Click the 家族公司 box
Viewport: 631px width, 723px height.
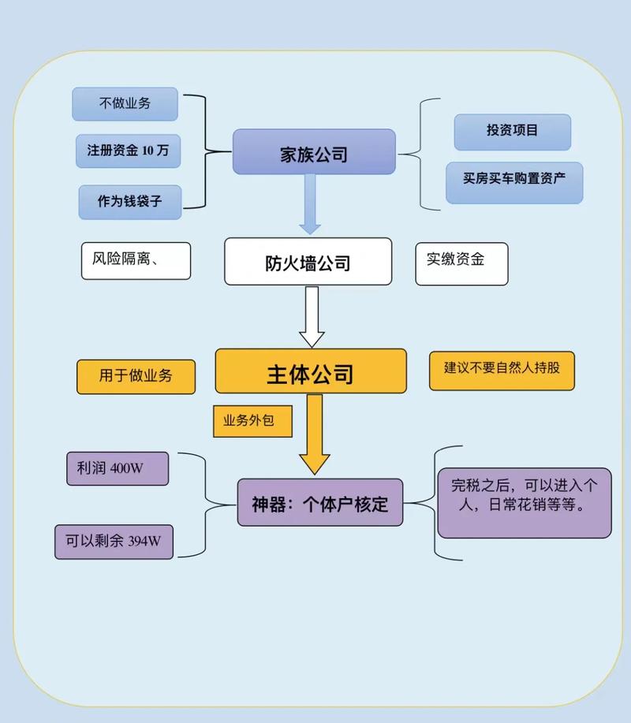(x=313, y=152)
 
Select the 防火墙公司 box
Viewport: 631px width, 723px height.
(x=308, y=262)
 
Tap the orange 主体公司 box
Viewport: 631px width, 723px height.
(x=311, y=371)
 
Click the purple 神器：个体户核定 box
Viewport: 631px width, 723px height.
(x=320, y=503)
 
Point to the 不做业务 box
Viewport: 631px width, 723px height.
(x=125, y=104)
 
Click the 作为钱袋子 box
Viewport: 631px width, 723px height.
(x=130, y=202)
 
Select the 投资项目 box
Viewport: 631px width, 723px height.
(x=512, y=132)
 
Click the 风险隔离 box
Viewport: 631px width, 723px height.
(x=136, y=261)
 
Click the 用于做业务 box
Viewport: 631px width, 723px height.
(x=136, y=376)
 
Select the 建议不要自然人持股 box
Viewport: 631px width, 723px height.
(x=502, y=371)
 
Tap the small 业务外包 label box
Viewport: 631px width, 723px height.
(x=252, y=421)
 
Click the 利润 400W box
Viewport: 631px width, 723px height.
(x=118, y=468)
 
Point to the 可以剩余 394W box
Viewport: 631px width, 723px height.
(x=114, y=542)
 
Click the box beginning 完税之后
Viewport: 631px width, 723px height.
(x=524, y=503)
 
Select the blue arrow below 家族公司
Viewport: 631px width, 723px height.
(x=310, y=203)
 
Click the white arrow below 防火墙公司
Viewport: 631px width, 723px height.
(x=312, y=316)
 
